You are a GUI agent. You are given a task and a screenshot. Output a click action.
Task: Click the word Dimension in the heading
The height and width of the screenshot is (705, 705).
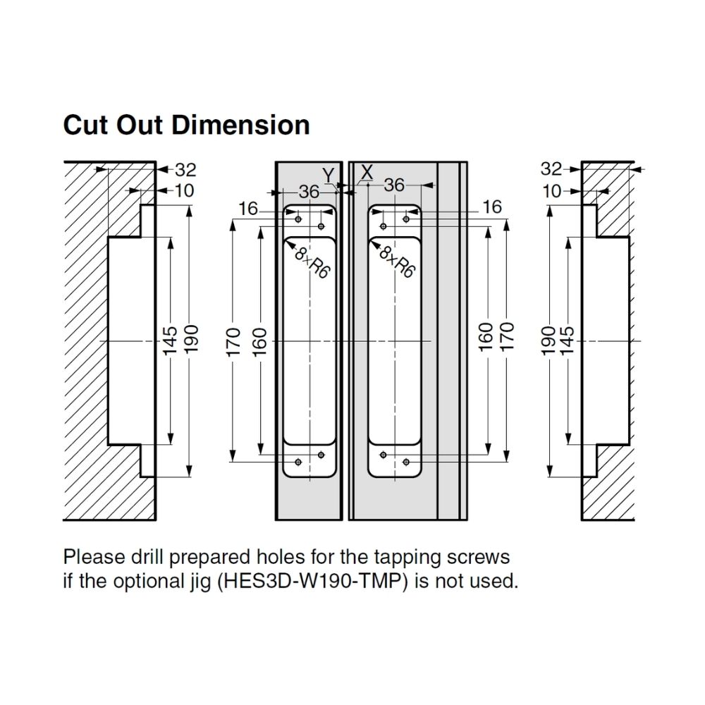[x=240, y=125]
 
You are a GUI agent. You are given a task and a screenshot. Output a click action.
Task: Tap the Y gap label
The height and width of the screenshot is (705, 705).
[x=327, y=174]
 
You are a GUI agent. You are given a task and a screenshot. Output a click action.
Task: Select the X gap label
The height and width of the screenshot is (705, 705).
[x=366, y=171]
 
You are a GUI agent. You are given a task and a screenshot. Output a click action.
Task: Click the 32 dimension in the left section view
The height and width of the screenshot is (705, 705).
[x=185, y=170]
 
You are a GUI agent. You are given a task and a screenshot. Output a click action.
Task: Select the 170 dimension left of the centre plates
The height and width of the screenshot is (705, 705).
[x=235, y=341]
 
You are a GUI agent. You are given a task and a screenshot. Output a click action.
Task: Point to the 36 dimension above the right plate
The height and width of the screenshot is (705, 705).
[x=394, y=185]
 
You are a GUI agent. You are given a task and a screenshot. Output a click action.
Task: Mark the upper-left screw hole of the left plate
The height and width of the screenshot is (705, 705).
[x=298, y=219]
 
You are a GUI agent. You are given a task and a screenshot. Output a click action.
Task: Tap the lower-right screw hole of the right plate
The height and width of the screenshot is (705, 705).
[x=406, y=462]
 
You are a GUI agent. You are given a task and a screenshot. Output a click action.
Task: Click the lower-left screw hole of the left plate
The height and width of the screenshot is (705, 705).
[x=298, y=462]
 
